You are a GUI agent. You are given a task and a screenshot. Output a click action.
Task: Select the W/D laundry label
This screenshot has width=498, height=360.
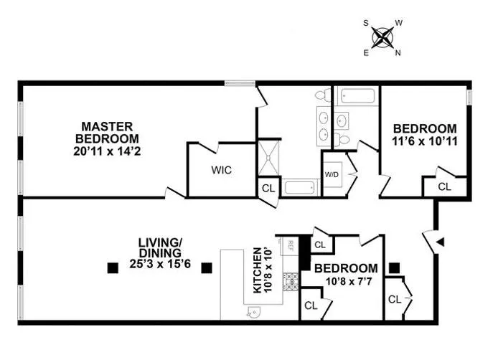click(332, 174)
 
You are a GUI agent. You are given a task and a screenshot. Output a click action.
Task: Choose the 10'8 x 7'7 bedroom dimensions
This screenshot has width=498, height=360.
click(342, 280)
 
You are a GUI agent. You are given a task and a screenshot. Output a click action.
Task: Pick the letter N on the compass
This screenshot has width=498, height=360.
click(398, 52)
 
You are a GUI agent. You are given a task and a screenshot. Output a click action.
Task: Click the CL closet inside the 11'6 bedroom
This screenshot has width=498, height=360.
click(443, 186)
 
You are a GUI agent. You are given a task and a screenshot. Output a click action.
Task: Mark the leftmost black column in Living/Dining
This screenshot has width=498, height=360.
click(112, 269)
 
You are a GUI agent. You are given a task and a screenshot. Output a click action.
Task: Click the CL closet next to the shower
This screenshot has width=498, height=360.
click(267, 189)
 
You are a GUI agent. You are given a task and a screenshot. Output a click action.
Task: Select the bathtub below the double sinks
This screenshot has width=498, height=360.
click(299, 189)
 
